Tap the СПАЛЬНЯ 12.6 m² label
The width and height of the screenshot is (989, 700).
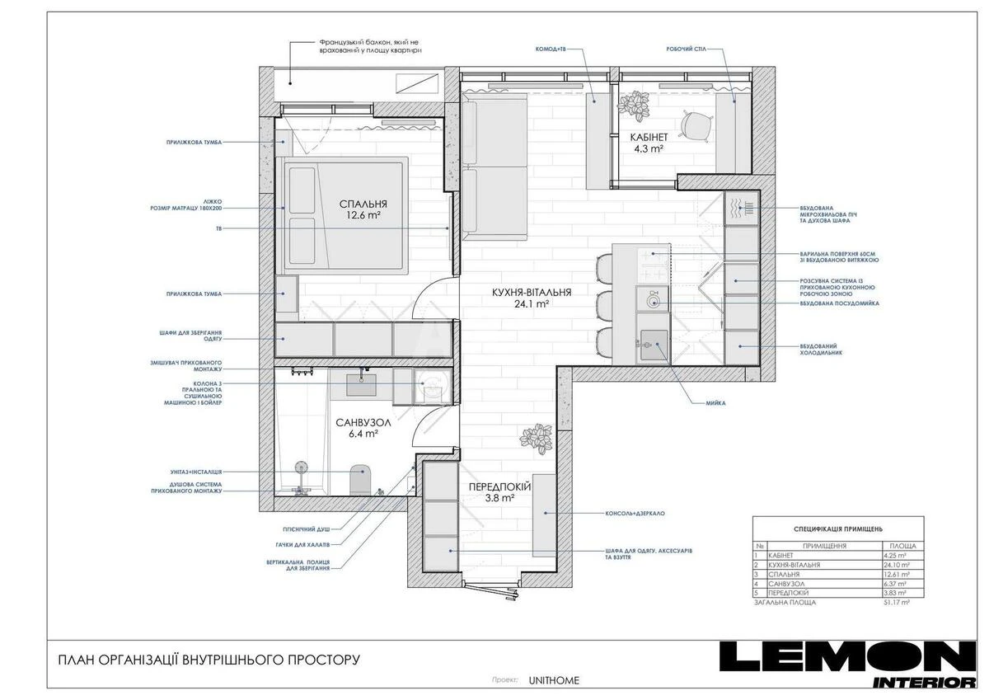tap(363, 204)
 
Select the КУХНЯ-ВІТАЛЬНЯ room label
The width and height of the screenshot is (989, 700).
tap(532, 292)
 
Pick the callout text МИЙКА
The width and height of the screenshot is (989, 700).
tap(715, 403)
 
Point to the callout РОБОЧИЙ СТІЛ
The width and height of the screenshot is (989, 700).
tap(686, 49)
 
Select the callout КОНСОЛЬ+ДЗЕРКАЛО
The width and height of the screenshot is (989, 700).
tap(635, 513)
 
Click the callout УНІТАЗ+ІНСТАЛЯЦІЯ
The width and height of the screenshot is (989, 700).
tap(195, 472)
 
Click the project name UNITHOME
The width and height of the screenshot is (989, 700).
tap(554, 680)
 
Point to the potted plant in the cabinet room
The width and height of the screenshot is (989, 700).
tap(635, 104)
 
